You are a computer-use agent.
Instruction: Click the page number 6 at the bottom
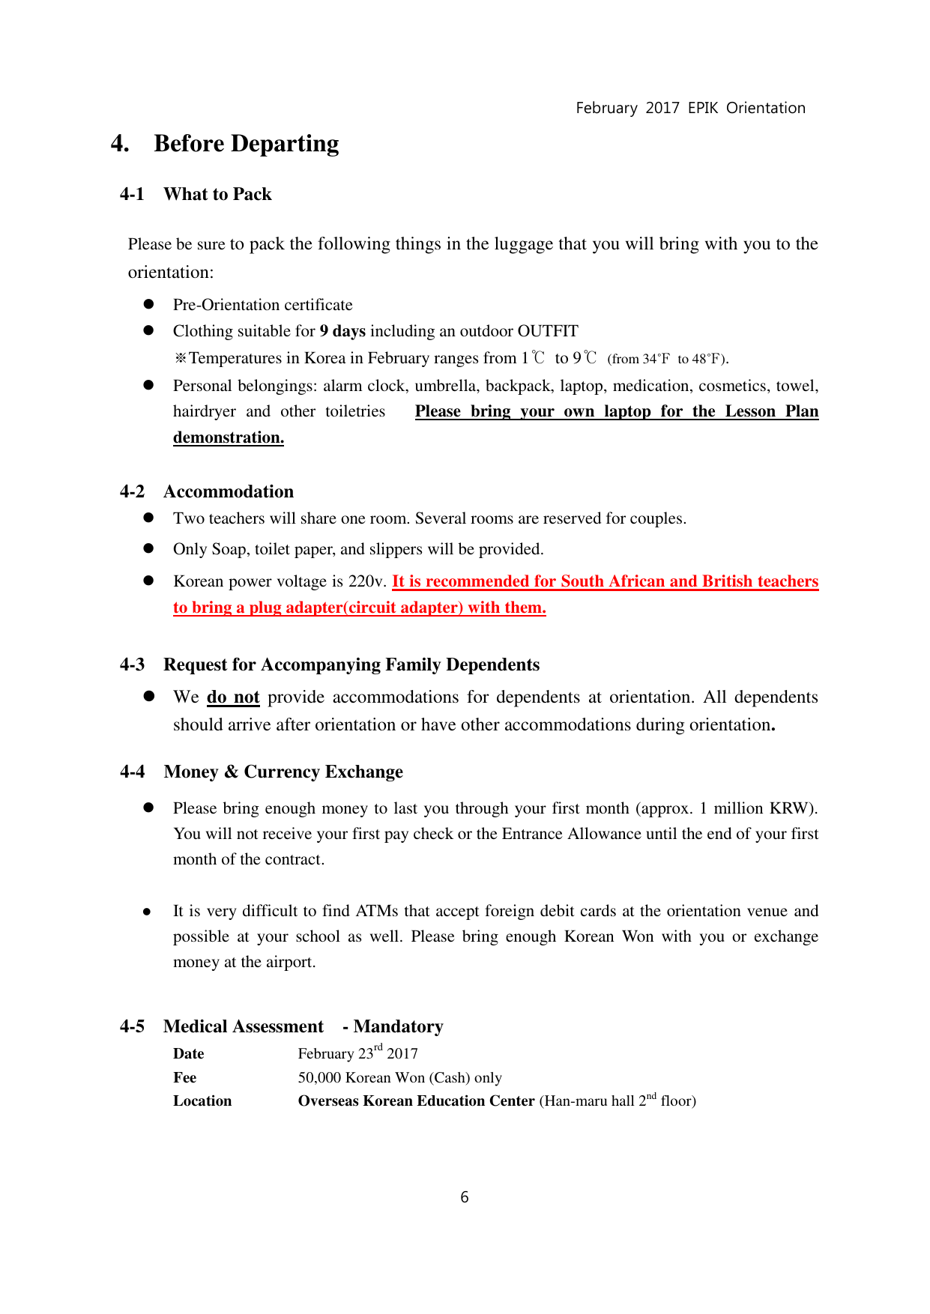(x=465, y=1197)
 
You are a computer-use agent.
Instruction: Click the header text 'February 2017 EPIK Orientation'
(x=690, y=108)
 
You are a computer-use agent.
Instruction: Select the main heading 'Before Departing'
(x=246, y=143)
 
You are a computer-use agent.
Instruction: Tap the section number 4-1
(x=132, y=194)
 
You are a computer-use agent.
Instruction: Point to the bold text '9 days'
(x=342, y=331)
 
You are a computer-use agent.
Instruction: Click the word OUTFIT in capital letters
(x=548, y=331)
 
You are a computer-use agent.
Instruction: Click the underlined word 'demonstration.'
(x=229, y=438)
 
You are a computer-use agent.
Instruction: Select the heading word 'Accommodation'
(x=229, y=491)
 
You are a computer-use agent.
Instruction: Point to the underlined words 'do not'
(x=233, y=697)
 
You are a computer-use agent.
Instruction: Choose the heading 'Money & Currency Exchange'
(x=283, y=772)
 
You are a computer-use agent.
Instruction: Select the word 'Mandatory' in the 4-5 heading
(x=398, y=1026)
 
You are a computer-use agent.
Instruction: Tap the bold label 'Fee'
(x=184, y=1077)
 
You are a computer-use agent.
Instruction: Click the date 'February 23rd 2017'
(x=357, y=1053)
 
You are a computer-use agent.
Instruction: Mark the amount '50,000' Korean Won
(x=320, y=1077)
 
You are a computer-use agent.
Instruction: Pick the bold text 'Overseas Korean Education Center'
(x=416, y=1100)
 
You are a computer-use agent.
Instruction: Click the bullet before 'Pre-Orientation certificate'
(x=148, y=304)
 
